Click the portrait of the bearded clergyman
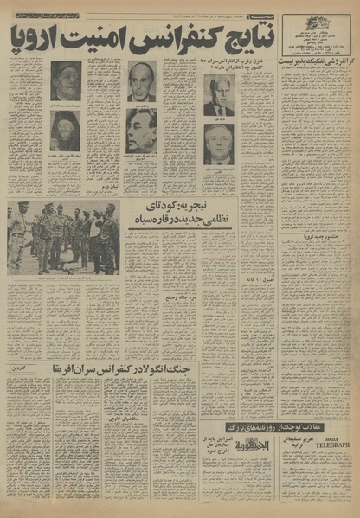coord(66,130)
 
